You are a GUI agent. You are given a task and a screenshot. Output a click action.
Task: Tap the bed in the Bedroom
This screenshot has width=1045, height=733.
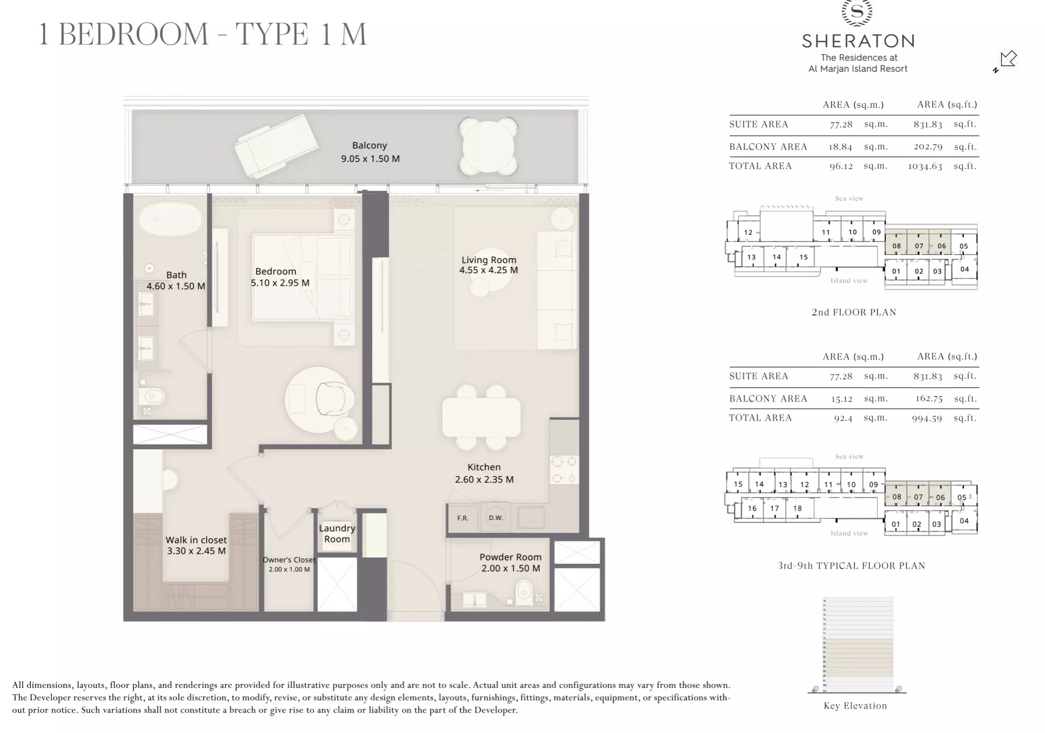click(x=302, y=276)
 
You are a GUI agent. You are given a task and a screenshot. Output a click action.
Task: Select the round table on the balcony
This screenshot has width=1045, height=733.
click(x=488, y=147)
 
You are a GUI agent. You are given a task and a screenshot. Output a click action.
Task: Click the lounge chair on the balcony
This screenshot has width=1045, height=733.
click(x=276, y=146)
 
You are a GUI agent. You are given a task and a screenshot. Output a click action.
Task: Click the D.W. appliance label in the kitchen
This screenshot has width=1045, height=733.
click(x=495, y=517)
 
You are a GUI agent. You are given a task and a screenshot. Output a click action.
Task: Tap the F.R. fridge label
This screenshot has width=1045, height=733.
click(x=462, y=518)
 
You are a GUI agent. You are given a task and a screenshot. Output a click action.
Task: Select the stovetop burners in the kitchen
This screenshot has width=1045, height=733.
click(x=564, y=469)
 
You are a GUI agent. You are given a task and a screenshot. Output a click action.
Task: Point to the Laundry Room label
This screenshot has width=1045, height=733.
click(x=337, y=534)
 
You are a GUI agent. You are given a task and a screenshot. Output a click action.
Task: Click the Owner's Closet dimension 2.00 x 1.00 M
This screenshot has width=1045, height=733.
click(x=289, y=569)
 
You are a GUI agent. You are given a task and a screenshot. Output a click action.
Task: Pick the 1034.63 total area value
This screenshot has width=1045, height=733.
click(x=925, y=166)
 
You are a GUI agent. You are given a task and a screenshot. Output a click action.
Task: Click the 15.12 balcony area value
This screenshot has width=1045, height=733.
click(x=841, y=399)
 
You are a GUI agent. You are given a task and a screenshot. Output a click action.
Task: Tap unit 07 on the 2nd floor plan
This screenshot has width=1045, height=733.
click(x=919, y=246)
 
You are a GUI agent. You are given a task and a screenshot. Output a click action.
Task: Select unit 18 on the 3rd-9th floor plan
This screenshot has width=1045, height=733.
click(x=797, y=508)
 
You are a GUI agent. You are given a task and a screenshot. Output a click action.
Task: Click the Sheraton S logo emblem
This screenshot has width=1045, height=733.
click(x=857, y=11)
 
